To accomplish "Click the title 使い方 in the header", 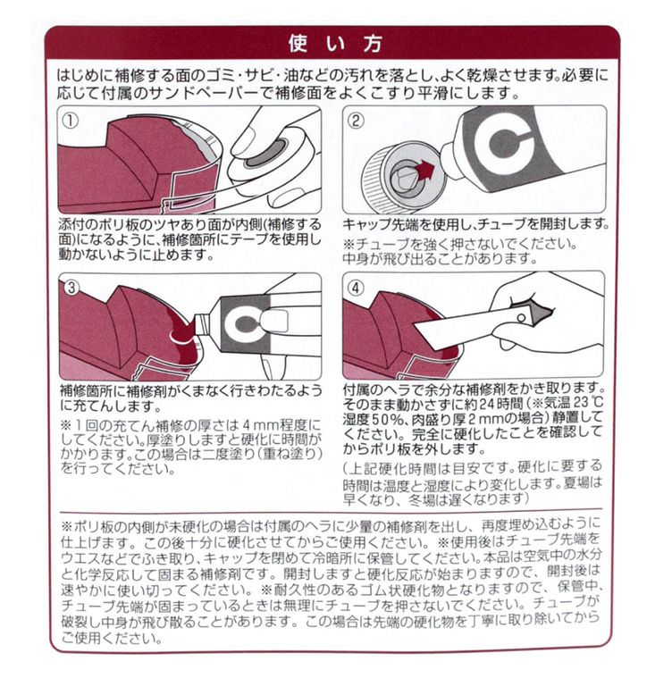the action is (x=335, y=44).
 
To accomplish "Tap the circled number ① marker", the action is (x=71, y=121).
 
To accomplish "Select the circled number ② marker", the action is (x=356, y=121).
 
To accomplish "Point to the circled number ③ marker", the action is (x=71, y=287).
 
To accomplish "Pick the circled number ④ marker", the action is (x=356, y=288).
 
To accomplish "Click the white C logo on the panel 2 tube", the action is (x=503, y=145).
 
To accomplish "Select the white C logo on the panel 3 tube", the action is (x=245, y=323).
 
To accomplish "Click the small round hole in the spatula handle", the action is (x=521, y=319).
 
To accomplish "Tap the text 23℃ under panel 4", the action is (x=587, y=403).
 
